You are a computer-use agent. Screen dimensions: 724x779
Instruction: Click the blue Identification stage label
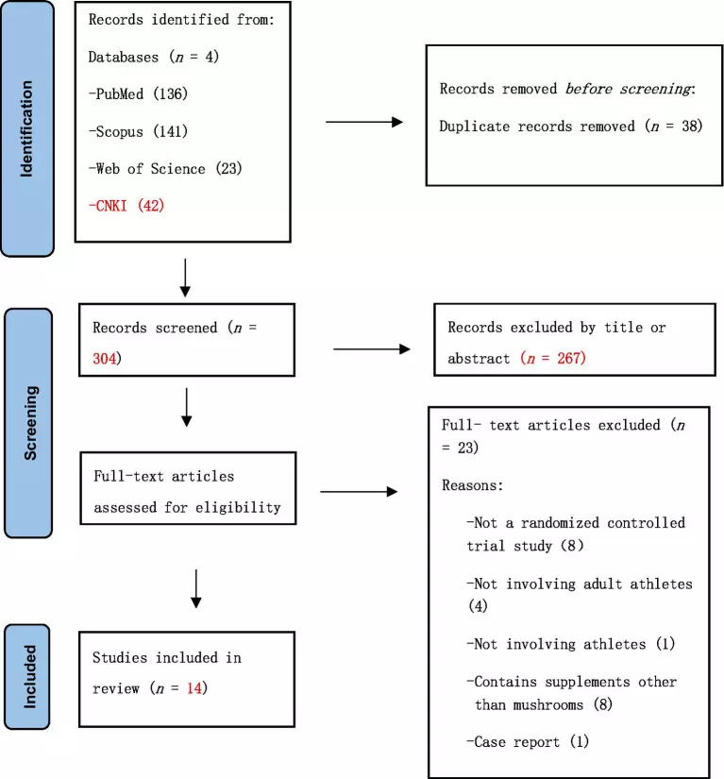27,128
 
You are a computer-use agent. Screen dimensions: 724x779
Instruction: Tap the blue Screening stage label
29,423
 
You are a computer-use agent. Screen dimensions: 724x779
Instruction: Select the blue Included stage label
27,677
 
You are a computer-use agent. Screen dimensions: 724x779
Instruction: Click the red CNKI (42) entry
126,206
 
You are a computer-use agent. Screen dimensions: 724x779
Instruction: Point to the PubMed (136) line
138,93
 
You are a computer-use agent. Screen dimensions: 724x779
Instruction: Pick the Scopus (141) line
138,131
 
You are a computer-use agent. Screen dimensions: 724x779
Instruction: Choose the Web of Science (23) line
165,169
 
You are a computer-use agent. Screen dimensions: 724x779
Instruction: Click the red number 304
104,358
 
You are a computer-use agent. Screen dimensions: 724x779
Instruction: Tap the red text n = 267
553,358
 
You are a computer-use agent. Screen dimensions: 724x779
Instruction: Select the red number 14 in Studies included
194,688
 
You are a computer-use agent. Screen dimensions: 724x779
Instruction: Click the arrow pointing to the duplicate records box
364,122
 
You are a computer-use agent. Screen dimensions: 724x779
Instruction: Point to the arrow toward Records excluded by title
371,349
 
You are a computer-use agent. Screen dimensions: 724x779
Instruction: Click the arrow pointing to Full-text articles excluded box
359,492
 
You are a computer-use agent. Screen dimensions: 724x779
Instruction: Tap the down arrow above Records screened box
185,278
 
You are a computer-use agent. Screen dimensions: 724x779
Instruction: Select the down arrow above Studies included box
196,588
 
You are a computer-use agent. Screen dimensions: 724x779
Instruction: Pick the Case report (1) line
528,742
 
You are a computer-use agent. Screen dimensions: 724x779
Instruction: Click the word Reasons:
472,485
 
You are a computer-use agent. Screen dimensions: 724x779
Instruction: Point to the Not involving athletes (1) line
570,644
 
